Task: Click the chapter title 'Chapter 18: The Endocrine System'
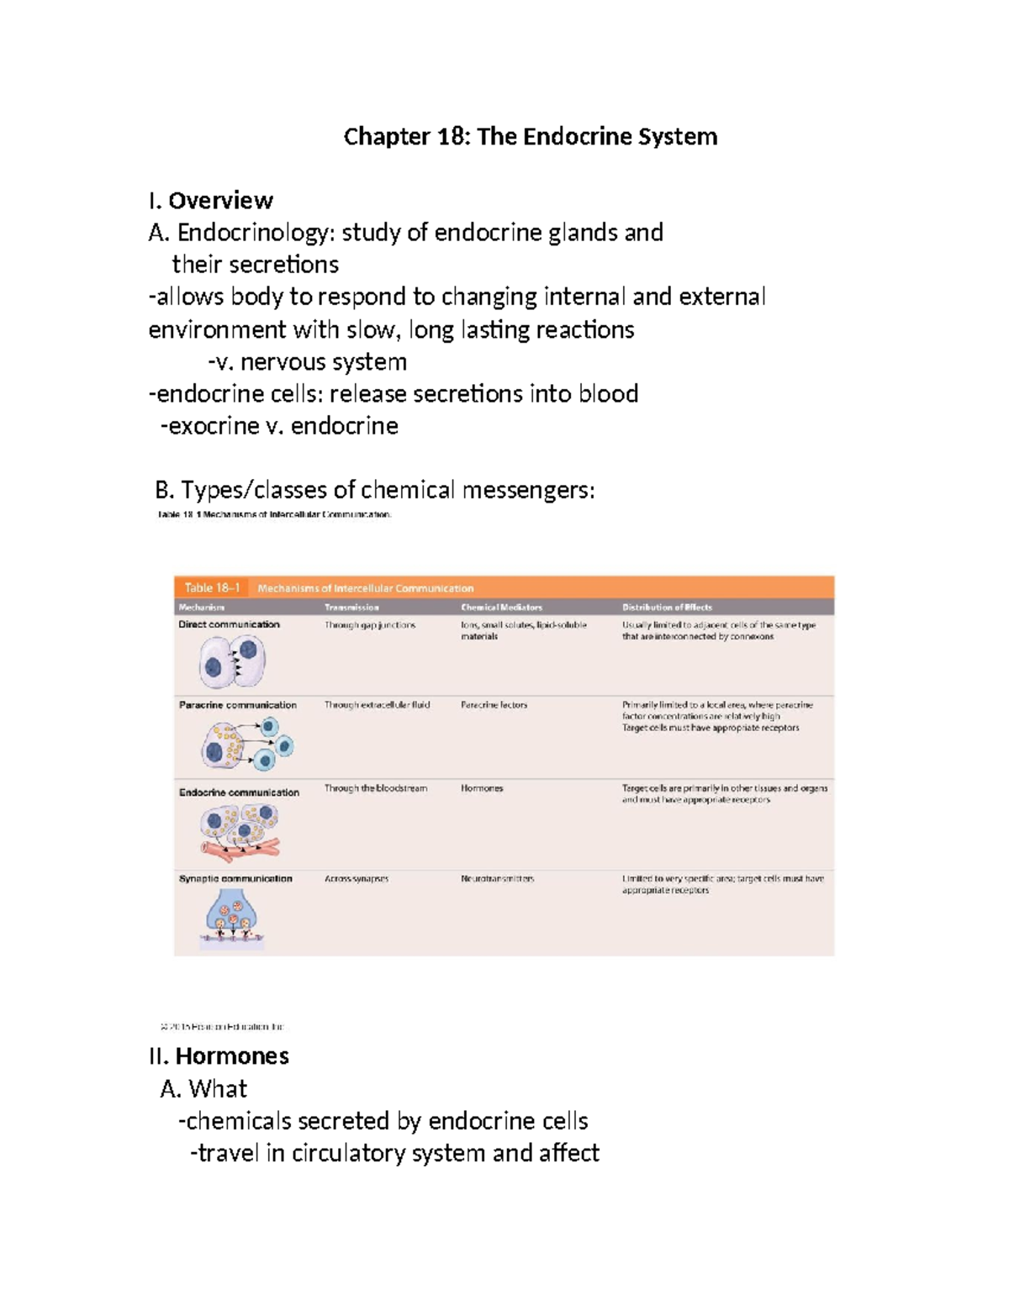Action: [x=530, y=136]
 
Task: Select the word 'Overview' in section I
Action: [x=220, y=201]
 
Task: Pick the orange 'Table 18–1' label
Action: [x=212, y=588]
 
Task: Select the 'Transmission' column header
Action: [x=351, y=608]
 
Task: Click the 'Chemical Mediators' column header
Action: [x=501, y=608]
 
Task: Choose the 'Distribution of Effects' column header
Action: [x=667, y=608]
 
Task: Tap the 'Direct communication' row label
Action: [x=229, y=624]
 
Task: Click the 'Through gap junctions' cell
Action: [x=370, y=625]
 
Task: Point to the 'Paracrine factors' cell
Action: [x=494, y=705]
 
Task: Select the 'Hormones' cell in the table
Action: [x=482, y=788]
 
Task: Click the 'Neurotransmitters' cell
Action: [x=497, y=879]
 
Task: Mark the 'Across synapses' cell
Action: [x=357, y=879]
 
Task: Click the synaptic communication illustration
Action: [x=232, y=918]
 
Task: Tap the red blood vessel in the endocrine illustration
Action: [x=240, y=850]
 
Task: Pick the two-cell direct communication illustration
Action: [x=232, y=662]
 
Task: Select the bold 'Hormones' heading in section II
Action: [x=232, y=1056]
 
